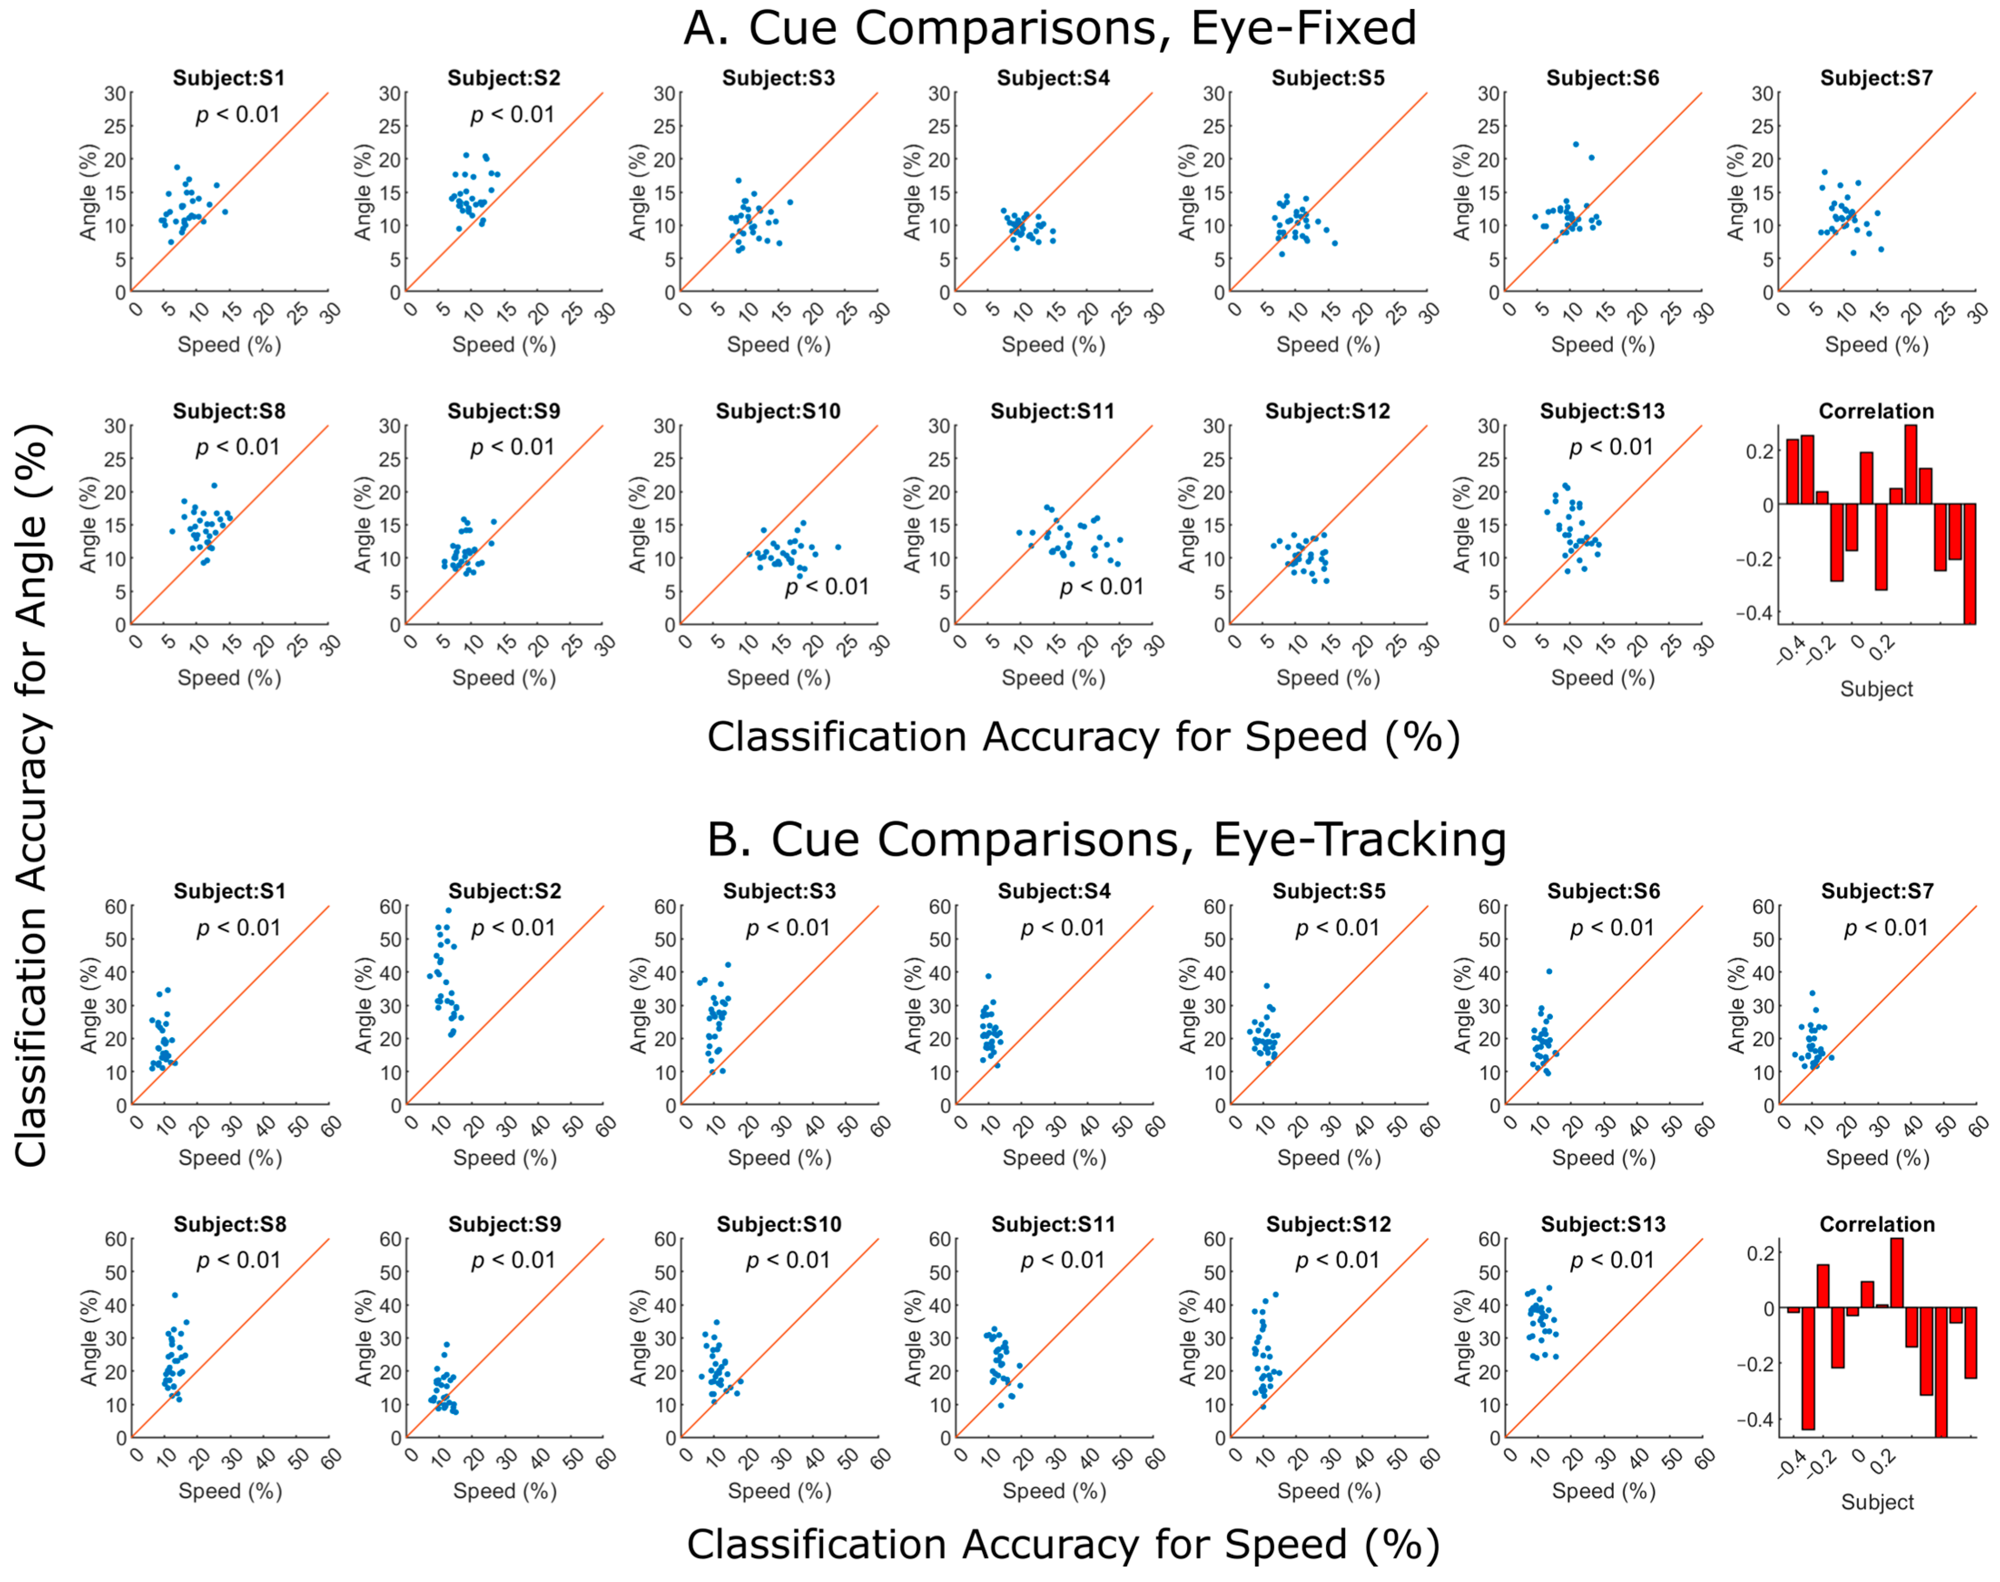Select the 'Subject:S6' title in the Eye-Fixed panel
(1602, 78)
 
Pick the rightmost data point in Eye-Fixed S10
(838, 547)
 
